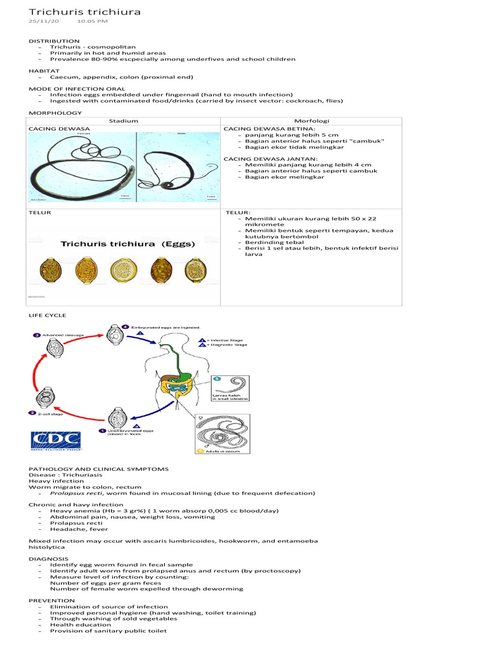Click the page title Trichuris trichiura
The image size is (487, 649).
point(84,12)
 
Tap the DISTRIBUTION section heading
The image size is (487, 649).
point(54,41)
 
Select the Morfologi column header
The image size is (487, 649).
point(311,120)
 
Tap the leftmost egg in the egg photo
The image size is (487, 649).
point(46,269)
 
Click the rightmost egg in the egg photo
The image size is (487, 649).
point(193,269)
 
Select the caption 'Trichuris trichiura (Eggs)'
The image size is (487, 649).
point(128,243)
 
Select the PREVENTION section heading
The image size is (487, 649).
point(51,600)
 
